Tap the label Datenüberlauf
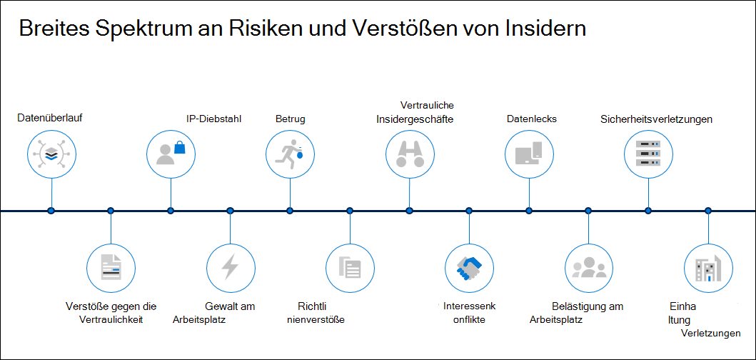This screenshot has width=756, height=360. point(50,118)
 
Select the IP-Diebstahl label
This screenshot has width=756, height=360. point(213,119)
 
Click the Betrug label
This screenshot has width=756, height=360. point(291,119)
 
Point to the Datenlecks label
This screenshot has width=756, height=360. point(532,119)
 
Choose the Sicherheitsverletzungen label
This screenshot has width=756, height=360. point(657,119)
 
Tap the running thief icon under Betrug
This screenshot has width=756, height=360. point(289,152)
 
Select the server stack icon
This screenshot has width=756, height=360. point(648,154)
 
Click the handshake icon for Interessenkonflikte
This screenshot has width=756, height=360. point(469,268)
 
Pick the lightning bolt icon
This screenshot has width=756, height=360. point(230,267)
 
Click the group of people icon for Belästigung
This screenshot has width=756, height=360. point(589,267)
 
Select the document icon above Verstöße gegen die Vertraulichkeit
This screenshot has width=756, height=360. point(111,267)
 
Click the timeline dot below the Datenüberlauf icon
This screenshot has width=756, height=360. point(51,211)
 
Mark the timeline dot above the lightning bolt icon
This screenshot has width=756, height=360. point(230,211)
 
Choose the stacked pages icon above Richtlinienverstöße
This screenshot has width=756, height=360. point(350,267)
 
